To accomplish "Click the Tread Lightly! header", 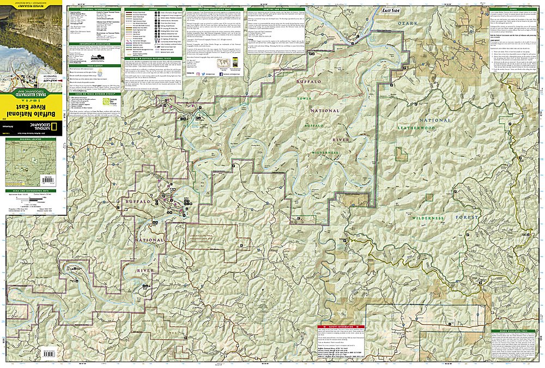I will pos(94,66).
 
